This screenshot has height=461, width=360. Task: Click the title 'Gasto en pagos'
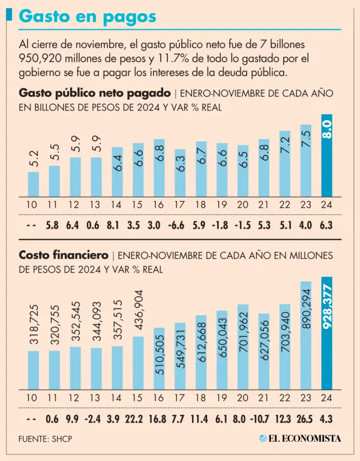click(88, 17)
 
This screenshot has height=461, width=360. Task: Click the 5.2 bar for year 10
click(33, 184)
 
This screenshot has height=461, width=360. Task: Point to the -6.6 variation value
click(179, 226)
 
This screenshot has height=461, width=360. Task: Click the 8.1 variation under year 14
click(117, 226)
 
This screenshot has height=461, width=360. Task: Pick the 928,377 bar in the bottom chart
click(327, 333)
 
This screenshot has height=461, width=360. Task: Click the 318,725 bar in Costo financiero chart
click(33, 369)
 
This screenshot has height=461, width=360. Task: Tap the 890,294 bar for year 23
click(306, 335)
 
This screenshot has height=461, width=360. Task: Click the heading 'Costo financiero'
click(64, 255)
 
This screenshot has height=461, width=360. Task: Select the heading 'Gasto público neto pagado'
click(95, 93)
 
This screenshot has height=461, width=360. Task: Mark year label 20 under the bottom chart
click(242, 397)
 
